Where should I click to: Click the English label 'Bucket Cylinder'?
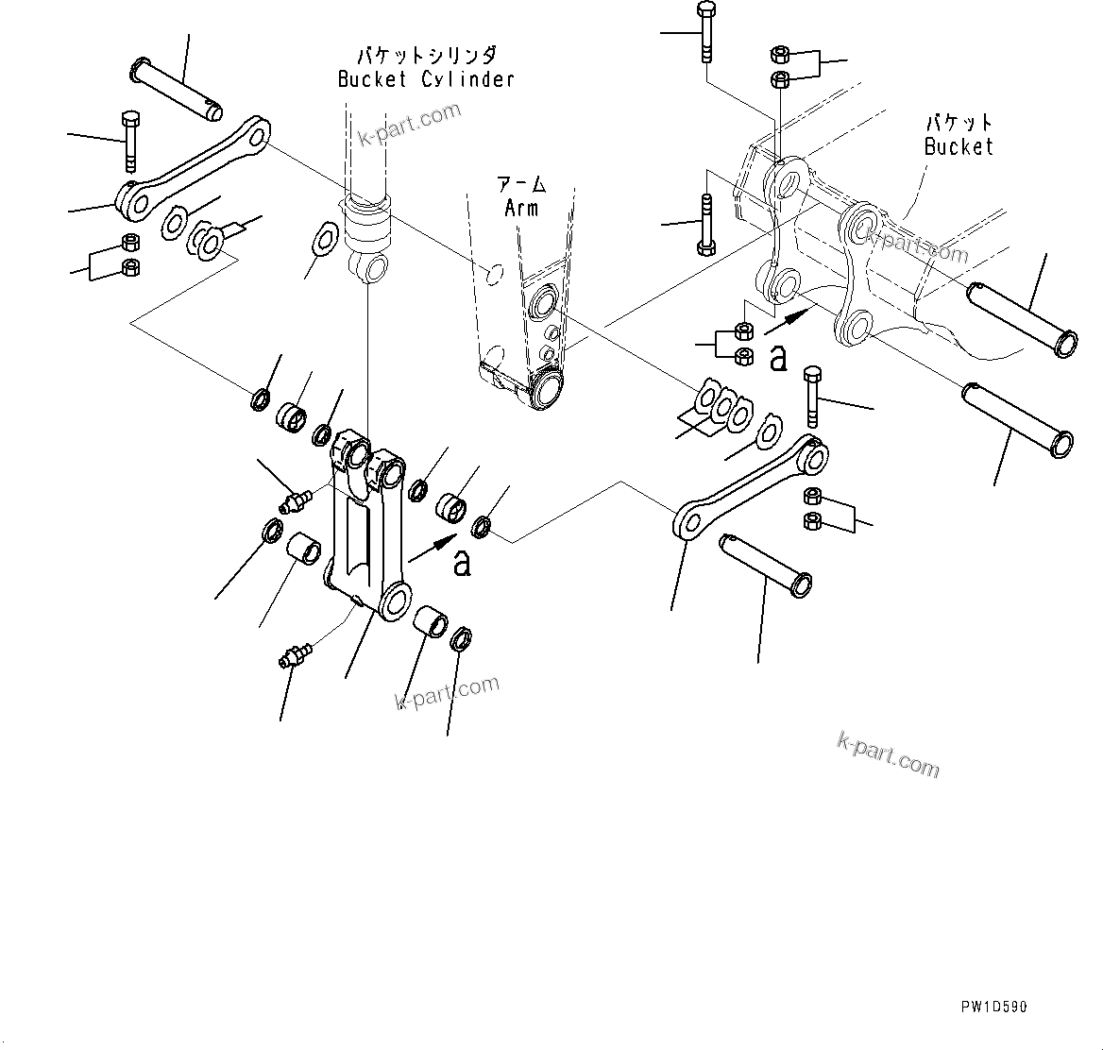coord(427,79)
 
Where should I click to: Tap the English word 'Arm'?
coord(521,208)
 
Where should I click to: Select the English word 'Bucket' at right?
coord(959,146)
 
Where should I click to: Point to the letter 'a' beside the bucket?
coord(778,358)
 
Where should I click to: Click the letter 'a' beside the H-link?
coord(461,562)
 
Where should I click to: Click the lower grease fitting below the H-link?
coord(296,653)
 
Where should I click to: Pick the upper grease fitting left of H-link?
coord(297,499)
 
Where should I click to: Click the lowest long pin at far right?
coord(1016,416)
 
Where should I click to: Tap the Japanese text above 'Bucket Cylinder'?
coord(427,55)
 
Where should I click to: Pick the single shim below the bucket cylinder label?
coord(324,237)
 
